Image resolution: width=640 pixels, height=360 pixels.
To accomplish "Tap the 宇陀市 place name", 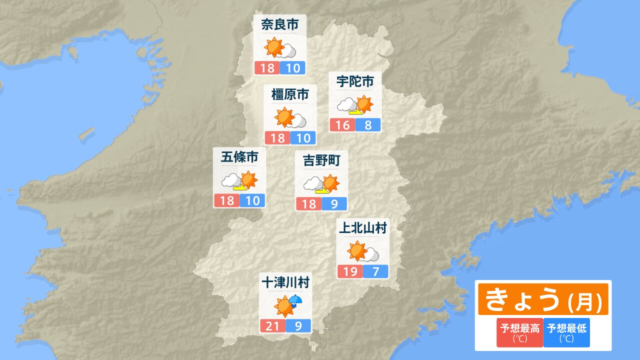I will coord(355,80).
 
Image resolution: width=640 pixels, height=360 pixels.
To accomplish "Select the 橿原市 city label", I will coord(290,94).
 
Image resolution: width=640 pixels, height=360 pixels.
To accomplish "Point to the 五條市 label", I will coord(239,157).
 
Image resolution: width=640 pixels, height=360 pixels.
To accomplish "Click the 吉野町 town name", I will coord(321,160).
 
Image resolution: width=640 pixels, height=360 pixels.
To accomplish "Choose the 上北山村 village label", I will coord(363,228).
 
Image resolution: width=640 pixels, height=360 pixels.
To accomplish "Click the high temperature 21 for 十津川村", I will coord(272,326).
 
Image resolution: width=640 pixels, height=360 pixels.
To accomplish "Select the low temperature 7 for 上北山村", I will coord(375,271).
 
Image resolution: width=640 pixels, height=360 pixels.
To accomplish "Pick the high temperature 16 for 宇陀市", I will coord(342,125).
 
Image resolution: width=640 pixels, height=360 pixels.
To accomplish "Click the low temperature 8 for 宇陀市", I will coord(368,125).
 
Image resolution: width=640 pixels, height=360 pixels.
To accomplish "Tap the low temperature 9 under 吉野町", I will coord(333,204).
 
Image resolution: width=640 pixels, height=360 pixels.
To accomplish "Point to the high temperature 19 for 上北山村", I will coord(350,271).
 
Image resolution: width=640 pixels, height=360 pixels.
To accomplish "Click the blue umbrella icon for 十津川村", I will coord(295,300).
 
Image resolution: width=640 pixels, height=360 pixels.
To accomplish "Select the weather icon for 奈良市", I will coord(280,48).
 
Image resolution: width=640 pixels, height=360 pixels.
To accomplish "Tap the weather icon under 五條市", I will coord(239,181).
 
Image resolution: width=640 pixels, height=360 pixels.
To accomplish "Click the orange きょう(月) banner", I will coord(543,299).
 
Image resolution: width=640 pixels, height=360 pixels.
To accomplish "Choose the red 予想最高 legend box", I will coord(520,332).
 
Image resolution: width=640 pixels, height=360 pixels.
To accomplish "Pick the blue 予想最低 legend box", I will coord(566,332).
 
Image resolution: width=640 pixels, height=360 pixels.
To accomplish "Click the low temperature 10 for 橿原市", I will coord(303,138).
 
